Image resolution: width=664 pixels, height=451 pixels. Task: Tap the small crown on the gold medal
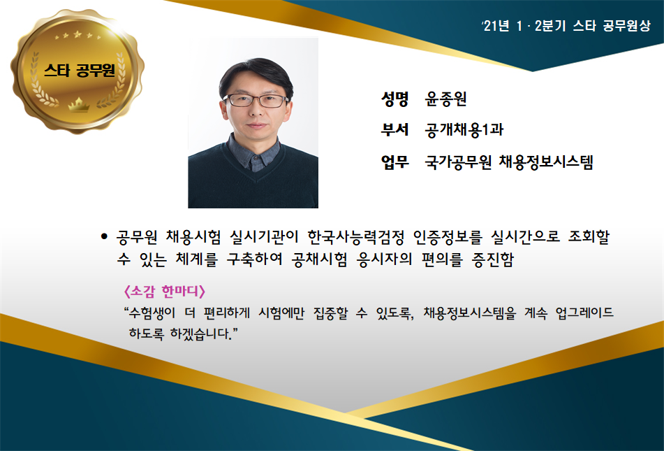[x=79, y=104]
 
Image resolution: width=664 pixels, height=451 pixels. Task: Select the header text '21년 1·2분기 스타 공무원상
[x=567, y=26]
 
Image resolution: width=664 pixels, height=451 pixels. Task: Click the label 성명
[x=394, y=99]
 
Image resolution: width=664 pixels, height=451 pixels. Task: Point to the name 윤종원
[x=445, y=99]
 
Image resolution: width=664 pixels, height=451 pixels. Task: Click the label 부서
[x=394, y=130]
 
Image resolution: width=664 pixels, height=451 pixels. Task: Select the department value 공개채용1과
[x=464, y=130]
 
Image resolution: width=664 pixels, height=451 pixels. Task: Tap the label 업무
[x=394, y=162]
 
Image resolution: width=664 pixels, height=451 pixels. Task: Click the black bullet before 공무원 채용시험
[x=104, y=237]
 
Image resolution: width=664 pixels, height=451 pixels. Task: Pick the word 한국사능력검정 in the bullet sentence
[x=356, y=237]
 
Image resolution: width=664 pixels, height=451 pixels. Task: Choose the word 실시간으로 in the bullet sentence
[x=525, y=237]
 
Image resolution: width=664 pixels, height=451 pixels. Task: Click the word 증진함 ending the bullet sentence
[x=493, y=259]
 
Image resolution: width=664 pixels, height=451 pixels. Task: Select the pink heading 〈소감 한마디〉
[x=164, y=292]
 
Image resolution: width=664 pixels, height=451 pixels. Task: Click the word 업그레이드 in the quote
[x=584, y=313]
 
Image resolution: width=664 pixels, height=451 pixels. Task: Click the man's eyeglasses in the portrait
[x=256, y=101]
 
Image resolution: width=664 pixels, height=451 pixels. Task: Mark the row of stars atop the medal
[x=78, y=35]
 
